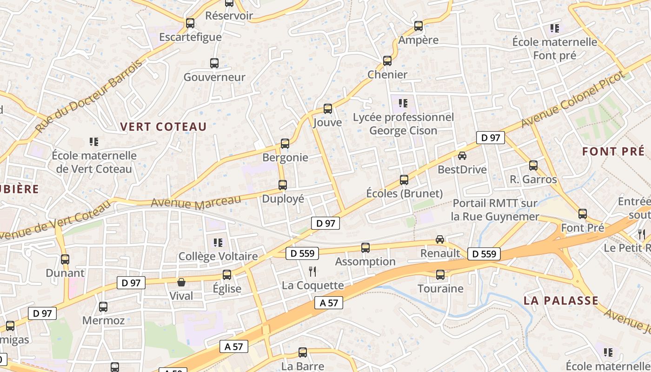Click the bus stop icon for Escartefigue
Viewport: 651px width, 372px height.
tap(190, 23)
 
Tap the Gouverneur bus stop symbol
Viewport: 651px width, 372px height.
tap(214, 63)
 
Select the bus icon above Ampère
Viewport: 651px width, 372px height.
tap(418, 26)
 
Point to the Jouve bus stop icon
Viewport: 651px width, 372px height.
tap(328, 109)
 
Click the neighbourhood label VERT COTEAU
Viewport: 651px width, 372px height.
tap(163, 126)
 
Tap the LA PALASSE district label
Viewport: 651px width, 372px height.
tap(561, 300)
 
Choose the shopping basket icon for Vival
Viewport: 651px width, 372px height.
tap(181, 282)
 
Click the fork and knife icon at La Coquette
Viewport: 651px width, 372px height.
tap(312, 272)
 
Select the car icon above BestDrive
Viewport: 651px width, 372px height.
tap(462, 156)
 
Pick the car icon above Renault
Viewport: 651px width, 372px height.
tap(440, 239)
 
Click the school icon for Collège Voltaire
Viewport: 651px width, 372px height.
tap(218, 242)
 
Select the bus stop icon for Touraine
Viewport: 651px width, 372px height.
tap(440, 275)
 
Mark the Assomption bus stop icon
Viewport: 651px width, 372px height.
tap(365, 248)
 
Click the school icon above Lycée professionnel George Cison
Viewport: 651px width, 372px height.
tap(403, 103)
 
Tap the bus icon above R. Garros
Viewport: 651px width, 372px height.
tap(533, 165)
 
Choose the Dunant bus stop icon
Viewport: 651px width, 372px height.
tap(65, 259)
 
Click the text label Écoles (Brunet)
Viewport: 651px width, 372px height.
tap(404, 193)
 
